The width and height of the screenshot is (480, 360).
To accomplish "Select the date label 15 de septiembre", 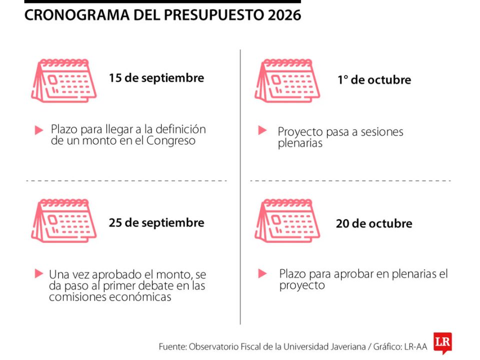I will click(156, 78).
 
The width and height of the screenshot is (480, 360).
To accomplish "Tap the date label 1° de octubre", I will click(374, 79).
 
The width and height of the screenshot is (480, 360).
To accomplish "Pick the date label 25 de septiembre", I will click(156, 222).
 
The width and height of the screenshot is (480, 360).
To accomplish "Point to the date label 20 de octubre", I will click(374, 223).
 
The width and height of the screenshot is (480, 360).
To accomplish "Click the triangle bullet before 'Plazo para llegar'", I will click(38, 130).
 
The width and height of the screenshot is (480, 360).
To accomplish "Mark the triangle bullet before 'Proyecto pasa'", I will click(262, 130).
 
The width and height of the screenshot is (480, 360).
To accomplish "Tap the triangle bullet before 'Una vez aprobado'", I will click(38, 273).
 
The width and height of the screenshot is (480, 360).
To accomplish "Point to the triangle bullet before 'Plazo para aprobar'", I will click(262, 273).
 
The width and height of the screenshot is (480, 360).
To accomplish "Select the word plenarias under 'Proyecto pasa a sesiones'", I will click(300, 143).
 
